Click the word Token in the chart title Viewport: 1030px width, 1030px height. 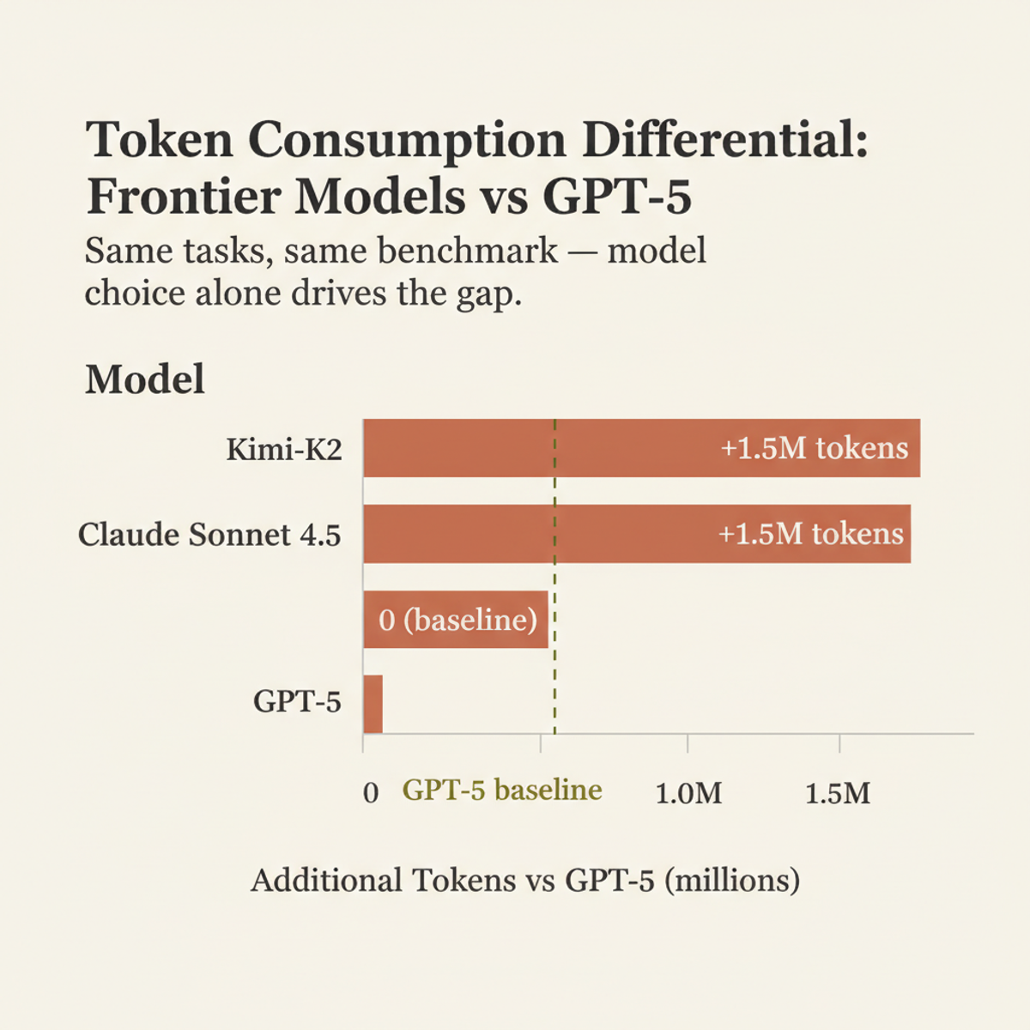[159, 139]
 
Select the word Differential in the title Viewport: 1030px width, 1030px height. [724, 139]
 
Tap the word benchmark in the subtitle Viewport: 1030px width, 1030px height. [468, 251]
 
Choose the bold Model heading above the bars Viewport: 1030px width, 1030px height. [145, 379]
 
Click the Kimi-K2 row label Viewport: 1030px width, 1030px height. [284, 449]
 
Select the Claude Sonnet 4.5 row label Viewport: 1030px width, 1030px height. [209, 535]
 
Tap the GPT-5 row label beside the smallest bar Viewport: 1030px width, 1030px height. [297, 702]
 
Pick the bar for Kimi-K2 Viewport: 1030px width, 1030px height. [532, 448]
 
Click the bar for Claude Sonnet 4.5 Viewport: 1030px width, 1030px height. [532, 534]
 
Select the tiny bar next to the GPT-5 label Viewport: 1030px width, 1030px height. [373, 704]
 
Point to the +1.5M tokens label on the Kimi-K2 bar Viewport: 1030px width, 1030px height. [814, 448]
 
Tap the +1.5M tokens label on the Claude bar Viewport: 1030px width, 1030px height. [810, 534]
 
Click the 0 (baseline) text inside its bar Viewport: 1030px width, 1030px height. [457, 620]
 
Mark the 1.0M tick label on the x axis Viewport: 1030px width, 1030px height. [688, 793]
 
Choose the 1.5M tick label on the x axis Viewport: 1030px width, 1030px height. [838, 793]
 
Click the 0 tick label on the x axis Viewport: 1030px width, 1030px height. [371, 792]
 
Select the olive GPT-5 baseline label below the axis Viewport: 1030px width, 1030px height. [502, 790]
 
